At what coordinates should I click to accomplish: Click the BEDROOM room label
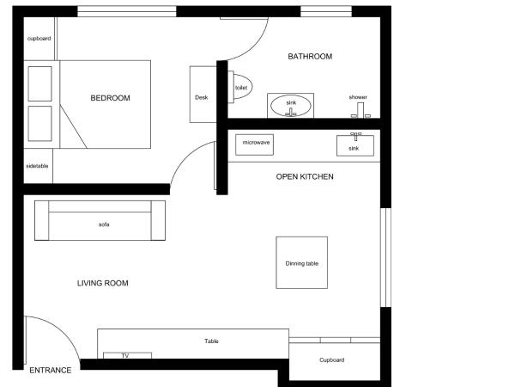(110, 98)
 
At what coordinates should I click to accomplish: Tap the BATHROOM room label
(309, 57)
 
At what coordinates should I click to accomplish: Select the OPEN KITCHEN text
(304, 176)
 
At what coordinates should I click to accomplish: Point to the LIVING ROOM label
(103, 283)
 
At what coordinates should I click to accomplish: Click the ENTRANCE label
(50, 370)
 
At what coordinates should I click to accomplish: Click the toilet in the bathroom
(241, 88)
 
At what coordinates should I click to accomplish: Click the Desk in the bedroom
(202, 97)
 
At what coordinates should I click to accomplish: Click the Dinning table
(302, 262)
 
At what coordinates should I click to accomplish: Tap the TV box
(125, 355)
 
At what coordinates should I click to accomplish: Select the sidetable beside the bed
(38, 166)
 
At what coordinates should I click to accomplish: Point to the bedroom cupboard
(39, 40)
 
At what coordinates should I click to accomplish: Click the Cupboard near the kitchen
(332, 359)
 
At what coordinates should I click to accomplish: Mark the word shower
(358, 97)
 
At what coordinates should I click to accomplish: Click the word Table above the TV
(211, 341)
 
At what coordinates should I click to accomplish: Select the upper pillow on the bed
(39, 83)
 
